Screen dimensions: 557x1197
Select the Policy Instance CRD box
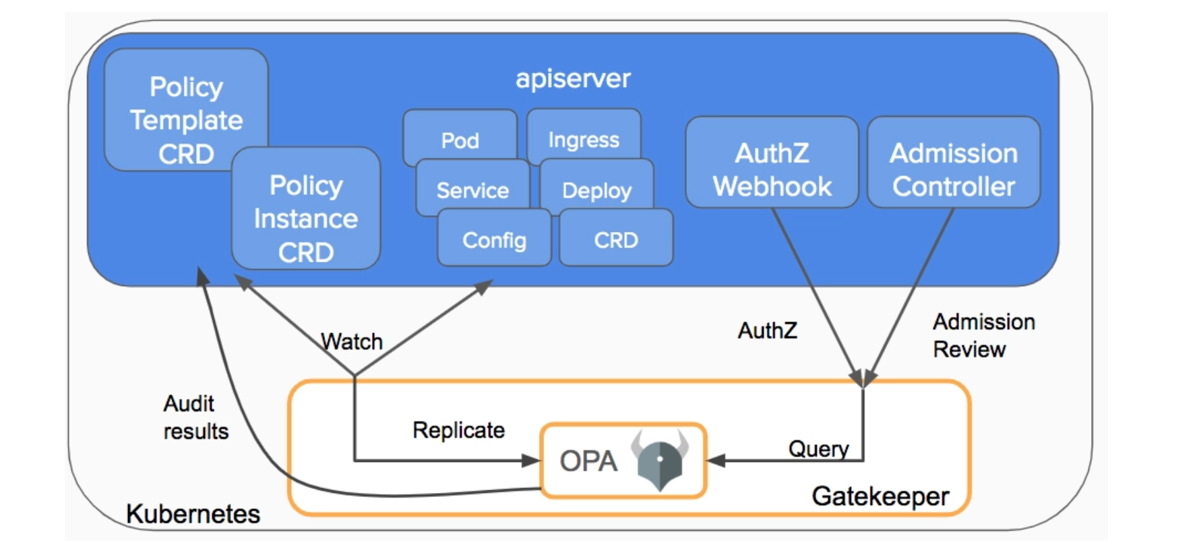pyautogui.click(x=306, y=217)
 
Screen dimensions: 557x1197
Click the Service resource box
pyautogui.click(x=472, y=189)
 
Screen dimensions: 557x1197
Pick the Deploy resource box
pyautogui.click(x=596, y=189)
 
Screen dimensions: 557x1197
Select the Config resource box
pyautogui.click(x=494, y=239)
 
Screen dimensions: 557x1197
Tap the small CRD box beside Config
pyautogui.click(x=616, y=239)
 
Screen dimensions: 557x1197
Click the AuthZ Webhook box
pyautogui.click(x=772, y=169)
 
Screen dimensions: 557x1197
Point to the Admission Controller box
pyautogui.click(x=954, y=169)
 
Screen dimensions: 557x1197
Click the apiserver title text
pyautogui.click(x=573, y=78)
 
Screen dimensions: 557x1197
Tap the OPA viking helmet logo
pyautogui.click(x=660, y=461)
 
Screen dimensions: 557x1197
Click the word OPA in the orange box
pyautogui.click(x=588, y=461)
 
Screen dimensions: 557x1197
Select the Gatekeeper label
pyautogui.click(x=880, y=496)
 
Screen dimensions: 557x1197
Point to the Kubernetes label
pyautogui.click(x=193, y=514)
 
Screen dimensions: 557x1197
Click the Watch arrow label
pyautogui.click(x=351, y=341)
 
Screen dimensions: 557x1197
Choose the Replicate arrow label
pyautogui.click(x=458, y=430)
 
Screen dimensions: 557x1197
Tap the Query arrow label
pyautogui.click(x=818, y=448)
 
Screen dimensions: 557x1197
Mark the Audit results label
pyautogui.click(x=195, y=417)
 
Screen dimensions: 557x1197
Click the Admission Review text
pyautogui.click(x=983, y=335)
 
